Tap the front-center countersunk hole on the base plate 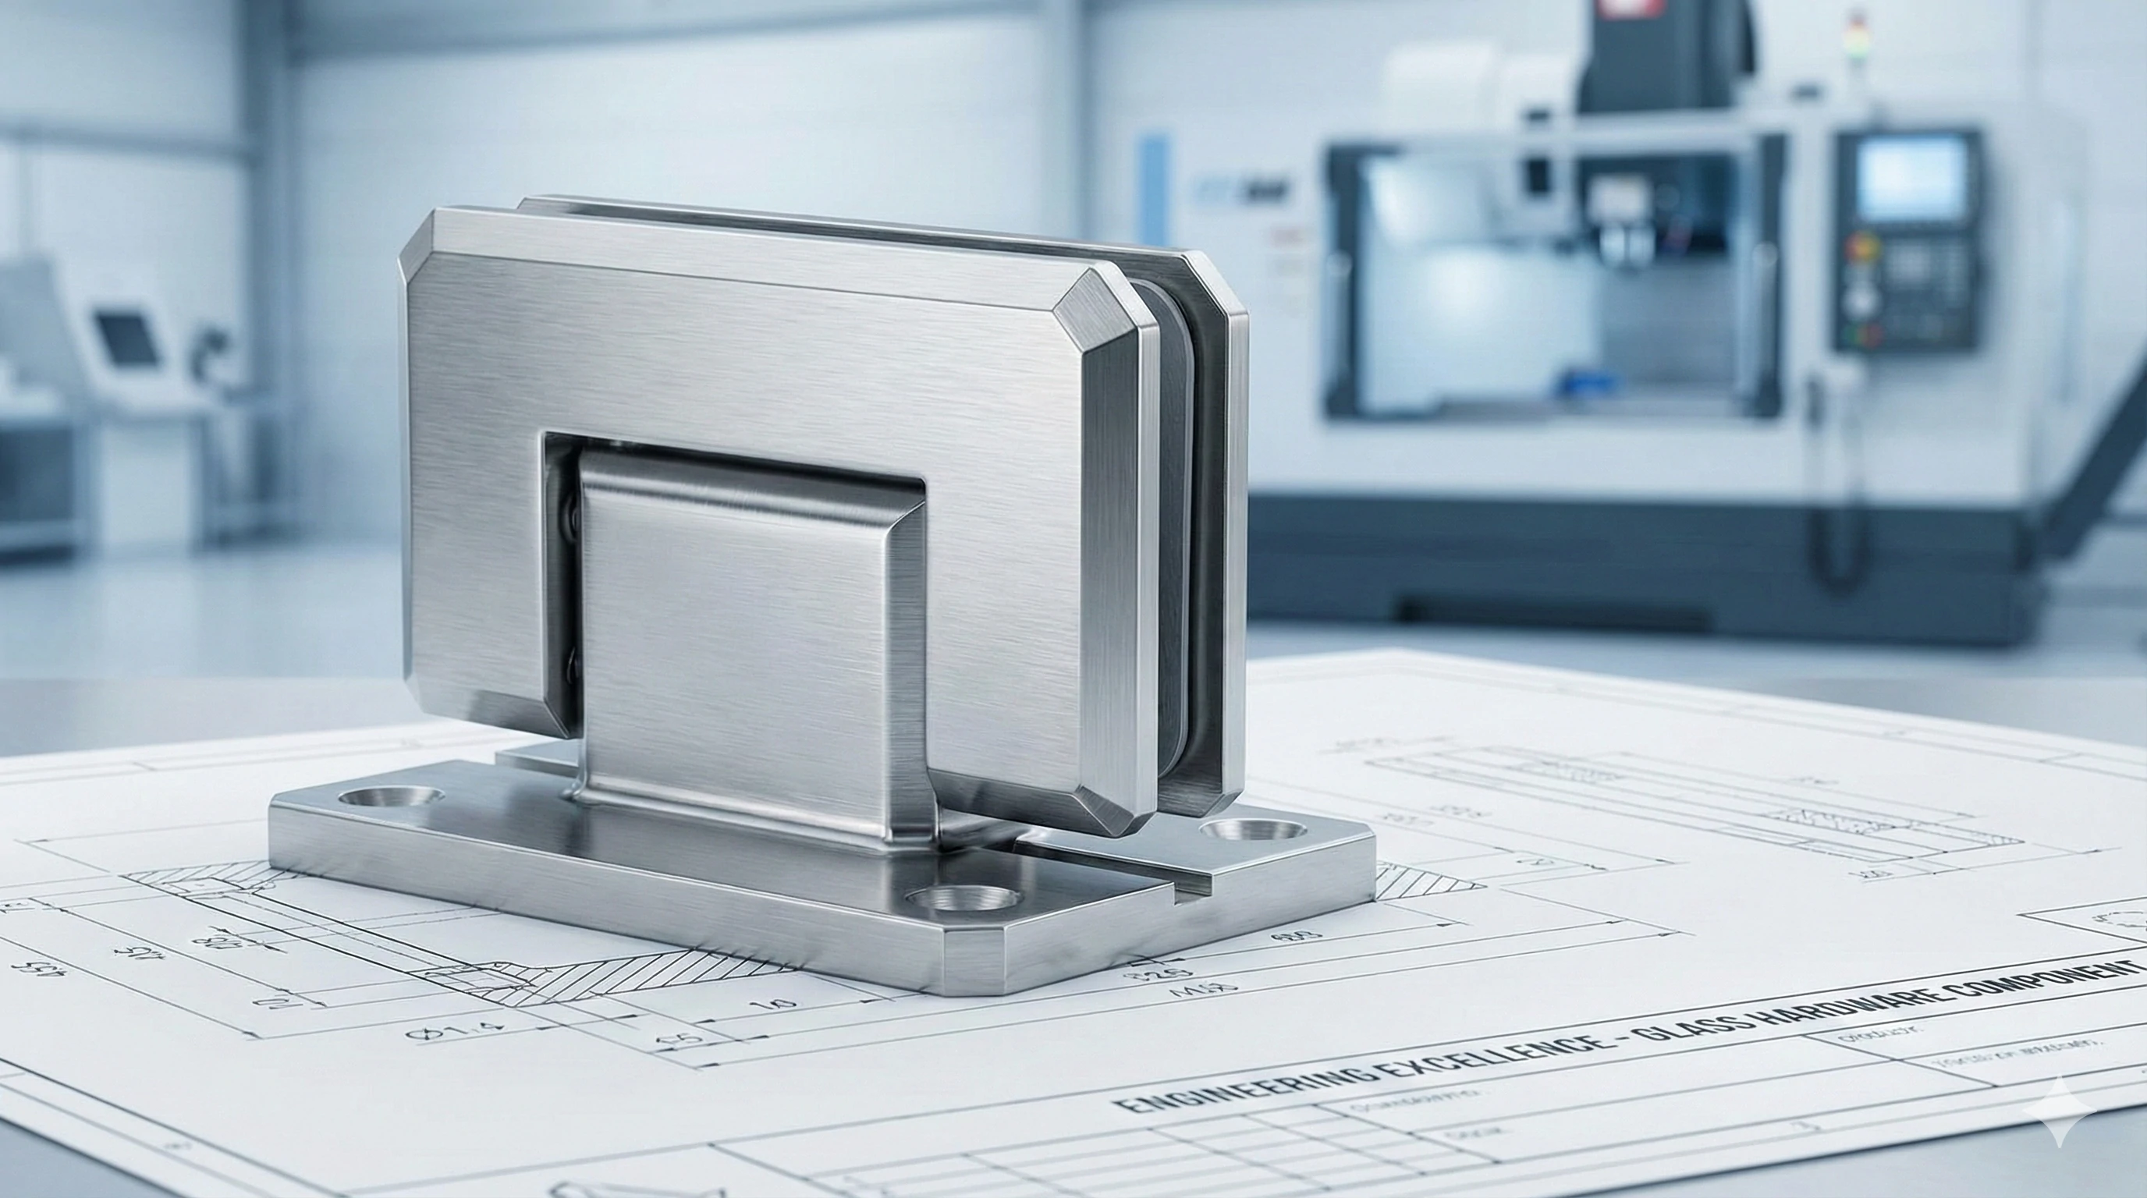(x=963, y=899)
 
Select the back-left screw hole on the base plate (x=391, y=797)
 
